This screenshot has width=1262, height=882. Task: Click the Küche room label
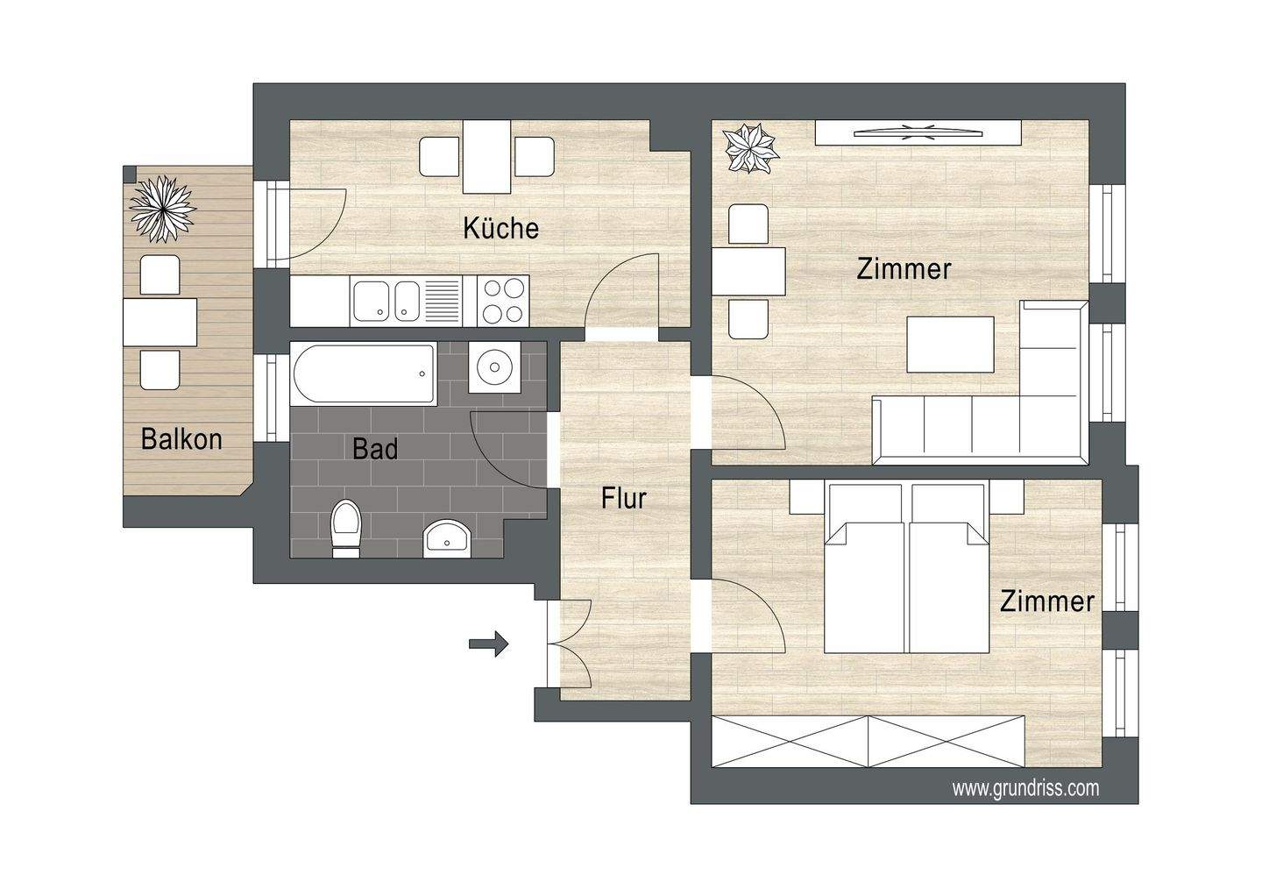coord(500,228)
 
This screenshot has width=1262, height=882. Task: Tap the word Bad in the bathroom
coord(375,449)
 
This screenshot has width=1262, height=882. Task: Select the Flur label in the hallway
coord(623,498)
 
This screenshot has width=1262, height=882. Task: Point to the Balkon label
coord(181,438)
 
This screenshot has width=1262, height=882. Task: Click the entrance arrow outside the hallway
coord(488,644)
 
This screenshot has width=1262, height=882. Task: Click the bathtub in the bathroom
coord(363,373)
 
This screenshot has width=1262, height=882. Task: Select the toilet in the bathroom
coord(346,529)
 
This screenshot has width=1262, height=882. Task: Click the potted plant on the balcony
coord(162,208)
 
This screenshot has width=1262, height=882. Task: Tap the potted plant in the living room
coord(751,149)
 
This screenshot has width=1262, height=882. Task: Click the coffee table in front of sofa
coord(952,344)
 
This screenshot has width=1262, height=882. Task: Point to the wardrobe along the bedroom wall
coord(868,742)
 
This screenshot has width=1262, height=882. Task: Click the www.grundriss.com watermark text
coord(1025,788)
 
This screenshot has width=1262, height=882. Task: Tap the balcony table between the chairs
coord(160,322)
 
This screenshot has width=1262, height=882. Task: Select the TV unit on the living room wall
coord(918,132)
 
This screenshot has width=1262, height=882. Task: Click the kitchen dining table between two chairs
coord(486,157)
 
